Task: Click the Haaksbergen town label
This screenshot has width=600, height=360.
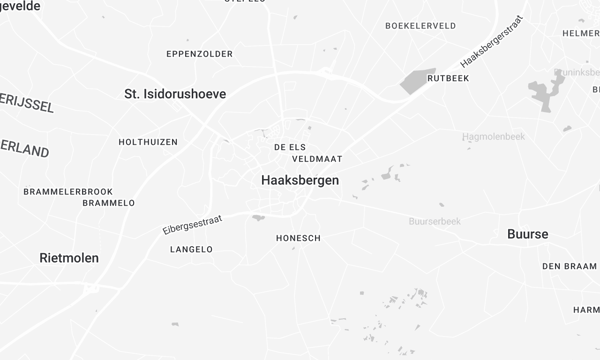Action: (299, 181)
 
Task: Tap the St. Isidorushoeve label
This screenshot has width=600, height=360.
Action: (175, 94)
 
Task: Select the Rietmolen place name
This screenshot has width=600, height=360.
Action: (69, 258)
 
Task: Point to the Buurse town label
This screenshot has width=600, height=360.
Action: (528, 234)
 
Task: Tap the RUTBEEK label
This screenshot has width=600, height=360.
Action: (447, 77)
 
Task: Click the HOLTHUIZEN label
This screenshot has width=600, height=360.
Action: (148, 143)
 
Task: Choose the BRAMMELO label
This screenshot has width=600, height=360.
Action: (108, 203)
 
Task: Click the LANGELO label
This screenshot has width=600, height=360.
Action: (191, 249)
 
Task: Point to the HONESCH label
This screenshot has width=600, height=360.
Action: (297, 238)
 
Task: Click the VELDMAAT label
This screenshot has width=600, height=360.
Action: (317, 159)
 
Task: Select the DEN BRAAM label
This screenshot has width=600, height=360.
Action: (569, 267)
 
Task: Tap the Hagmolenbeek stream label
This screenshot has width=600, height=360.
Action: (494, 136)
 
